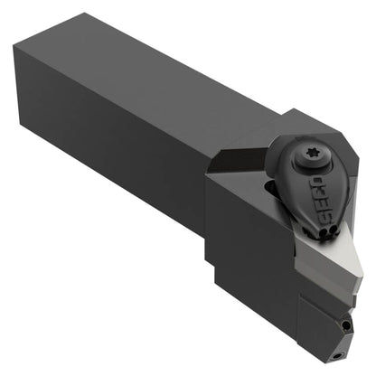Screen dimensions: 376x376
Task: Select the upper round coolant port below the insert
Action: [347, 325]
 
